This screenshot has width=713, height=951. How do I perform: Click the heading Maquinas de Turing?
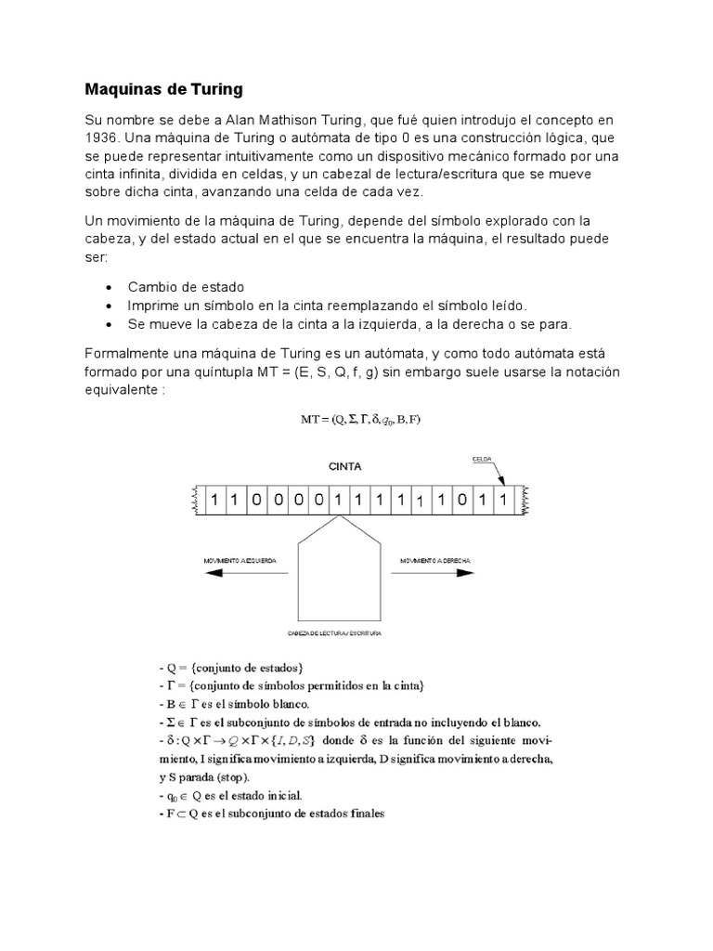(163, 90)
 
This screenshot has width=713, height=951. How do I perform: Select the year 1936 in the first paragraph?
(102, 138)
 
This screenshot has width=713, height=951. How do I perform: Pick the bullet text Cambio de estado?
(186, 287)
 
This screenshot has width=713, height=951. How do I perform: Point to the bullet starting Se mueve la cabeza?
(351, 324)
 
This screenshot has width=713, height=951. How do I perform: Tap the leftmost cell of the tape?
(214, 501)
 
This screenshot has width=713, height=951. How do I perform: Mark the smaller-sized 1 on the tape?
(420, 502)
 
